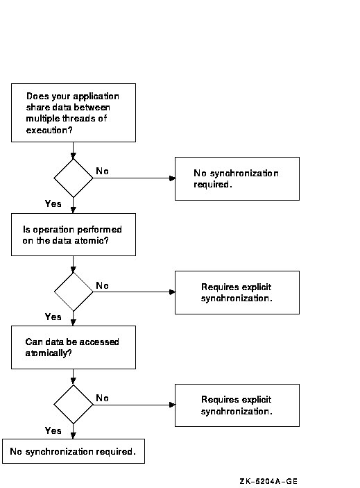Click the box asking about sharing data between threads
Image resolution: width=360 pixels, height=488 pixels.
point(74,112)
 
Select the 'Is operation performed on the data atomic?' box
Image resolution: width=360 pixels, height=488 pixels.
point(74,235)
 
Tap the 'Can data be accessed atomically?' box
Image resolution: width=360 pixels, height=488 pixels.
point(74,347)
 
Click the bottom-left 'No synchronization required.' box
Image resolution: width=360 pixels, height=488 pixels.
point(74,451)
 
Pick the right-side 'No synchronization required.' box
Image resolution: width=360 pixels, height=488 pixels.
point(237,178)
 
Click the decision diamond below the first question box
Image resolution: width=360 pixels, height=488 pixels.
point(74,178)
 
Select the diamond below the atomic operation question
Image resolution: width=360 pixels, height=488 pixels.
point(74,292)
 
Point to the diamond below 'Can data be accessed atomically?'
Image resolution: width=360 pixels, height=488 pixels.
point(74,405)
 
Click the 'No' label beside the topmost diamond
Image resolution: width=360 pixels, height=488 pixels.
point(102,171)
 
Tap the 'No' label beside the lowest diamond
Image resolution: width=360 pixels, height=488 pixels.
point(102,398)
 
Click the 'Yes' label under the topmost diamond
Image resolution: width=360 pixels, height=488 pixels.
point(53,203)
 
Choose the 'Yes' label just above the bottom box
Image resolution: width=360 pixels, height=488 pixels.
point(53,431)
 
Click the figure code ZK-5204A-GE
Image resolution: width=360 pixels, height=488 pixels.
point(268,481)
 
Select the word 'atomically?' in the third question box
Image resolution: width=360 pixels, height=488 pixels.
point(49,353)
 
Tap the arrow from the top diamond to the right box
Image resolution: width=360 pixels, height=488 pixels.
point(134,178)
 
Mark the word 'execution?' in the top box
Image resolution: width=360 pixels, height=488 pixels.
point(49,130)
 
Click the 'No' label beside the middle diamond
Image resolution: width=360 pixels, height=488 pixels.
point(102,285)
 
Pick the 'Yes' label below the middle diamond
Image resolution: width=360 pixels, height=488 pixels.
point(53,317)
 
